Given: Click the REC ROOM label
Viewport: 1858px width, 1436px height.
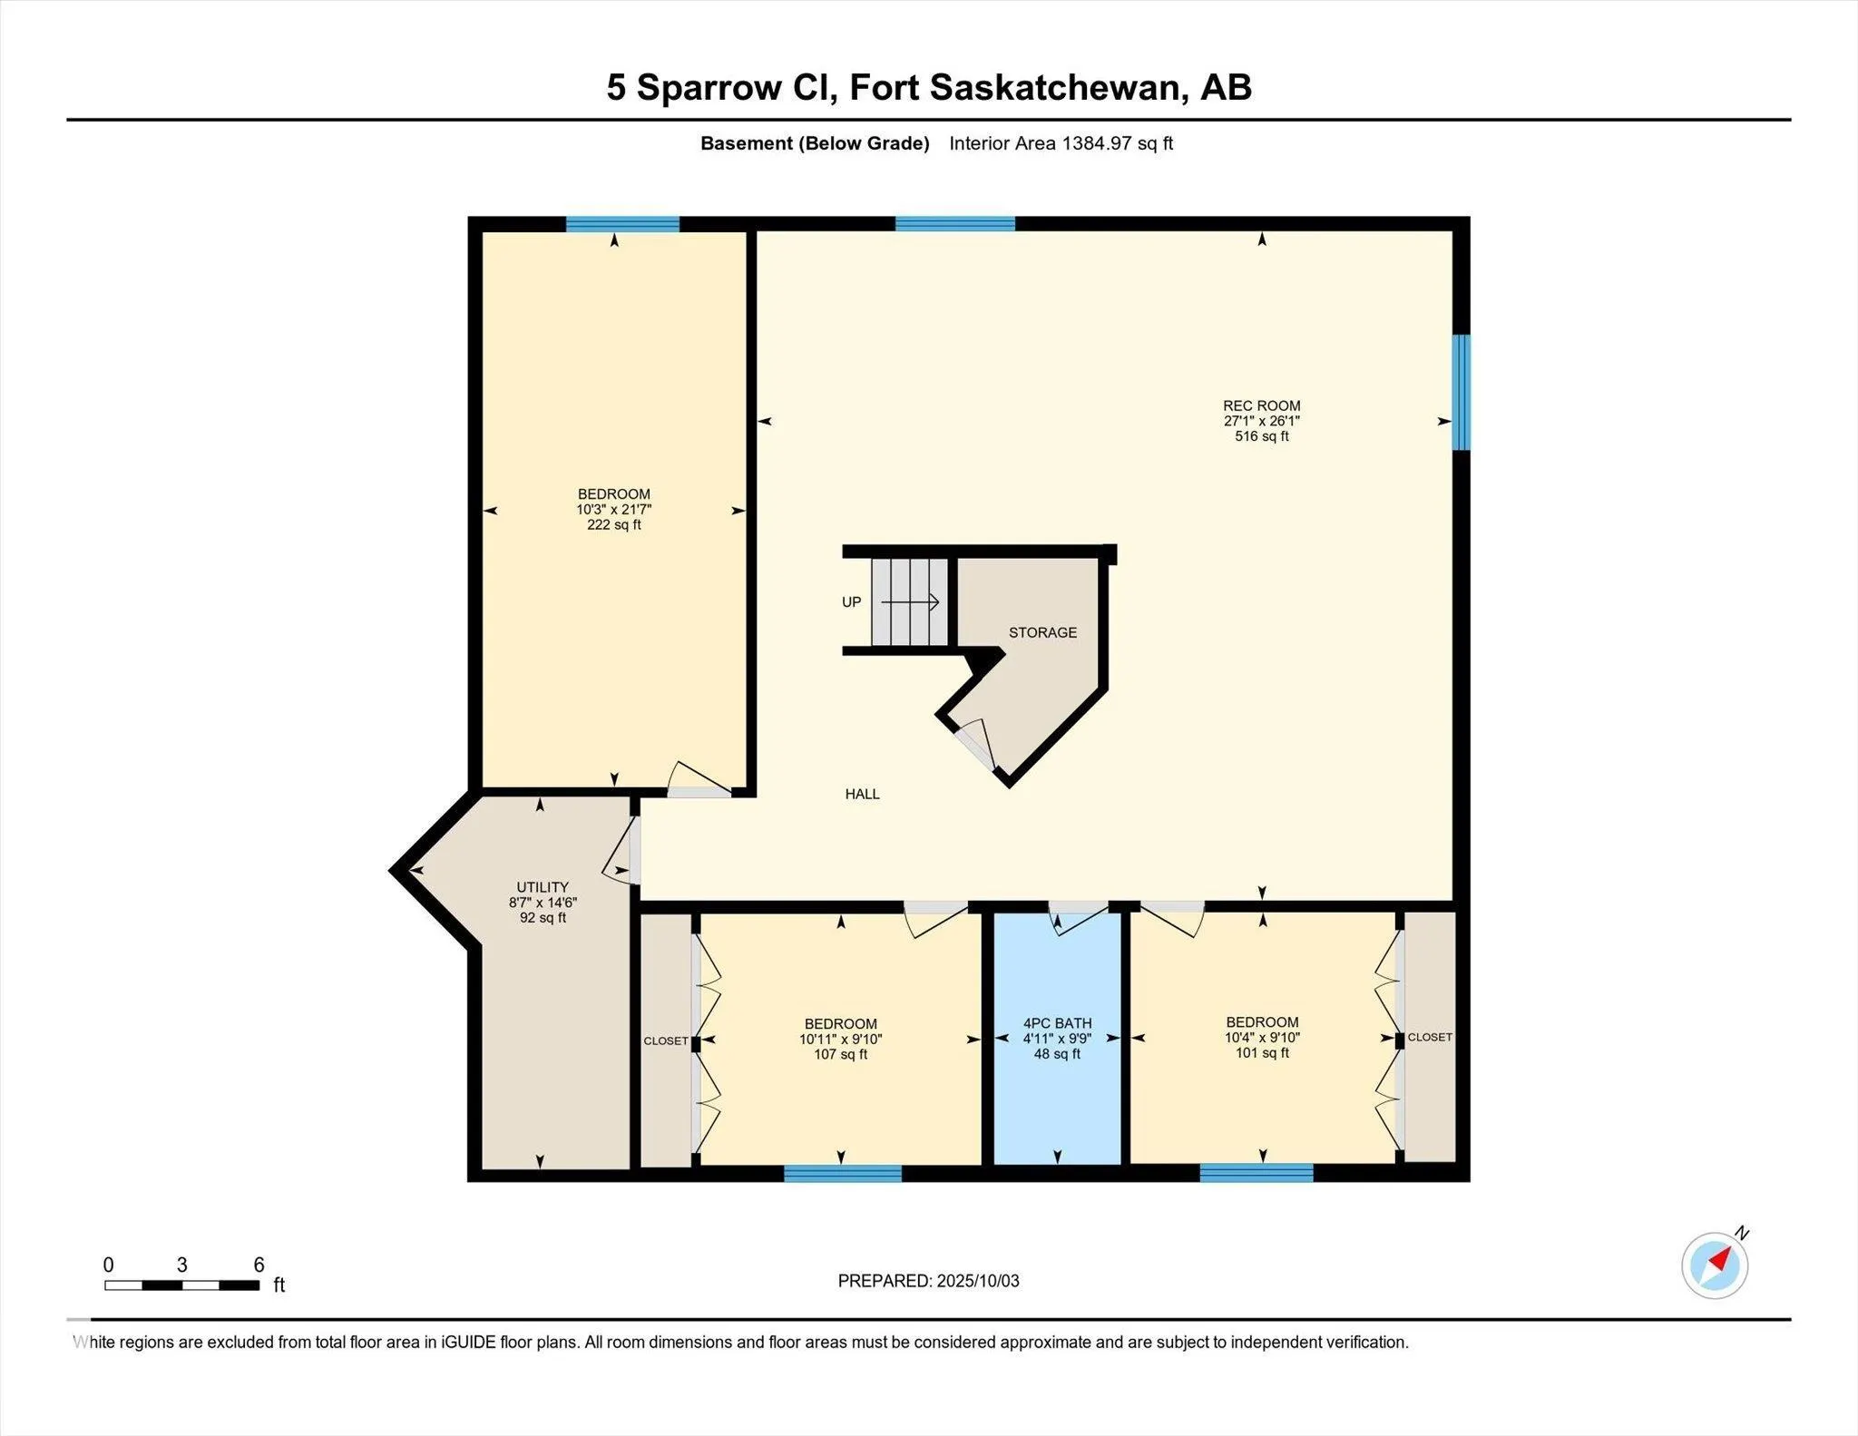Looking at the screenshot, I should point(1261,405).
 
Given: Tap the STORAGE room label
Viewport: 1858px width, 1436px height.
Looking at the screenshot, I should point(1042,632).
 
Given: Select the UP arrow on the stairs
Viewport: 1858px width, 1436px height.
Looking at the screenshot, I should point(911,601).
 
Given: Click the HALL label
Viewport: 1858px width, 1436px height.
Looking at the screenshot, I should point(862,794).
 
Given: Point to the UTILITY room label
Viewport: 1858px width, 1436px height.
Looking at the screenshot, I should point(543,887).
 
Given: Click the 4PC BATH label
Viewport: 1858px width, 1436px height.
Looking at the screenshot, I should point(1057,1023).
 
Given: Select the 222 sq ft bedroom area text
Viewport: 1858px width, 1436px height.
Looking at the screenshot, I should point(614,525).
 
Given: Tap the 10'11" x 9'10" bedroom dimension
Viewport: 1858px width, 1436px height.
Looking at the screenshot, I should point(840,1040).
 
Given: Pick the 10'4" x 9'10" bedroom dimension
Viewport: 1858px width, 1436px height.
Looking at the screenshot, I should point(1261,1038).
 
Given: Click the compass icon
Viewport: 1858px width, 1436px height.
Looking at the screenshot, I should point(1715,1265).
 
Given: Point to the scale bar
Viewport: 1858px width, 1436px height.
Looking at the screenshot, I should point(181,1285).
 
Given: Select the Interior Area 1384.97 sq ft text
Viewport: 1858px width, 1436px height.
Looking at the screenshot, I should point(1061,143).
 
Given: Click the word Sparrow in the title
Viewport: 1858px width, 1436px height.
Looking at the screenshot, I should point(709,88).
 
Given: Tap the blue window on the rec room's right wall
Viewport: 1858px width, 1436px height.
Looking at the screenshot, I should point(1461,392).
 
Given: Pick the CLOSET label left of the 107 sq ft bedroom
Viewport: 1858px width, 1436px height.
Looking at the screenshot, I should point(666,1040).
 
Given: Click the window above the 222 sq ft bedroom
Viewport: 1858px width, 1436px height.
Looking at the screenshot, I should point(622,224).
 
